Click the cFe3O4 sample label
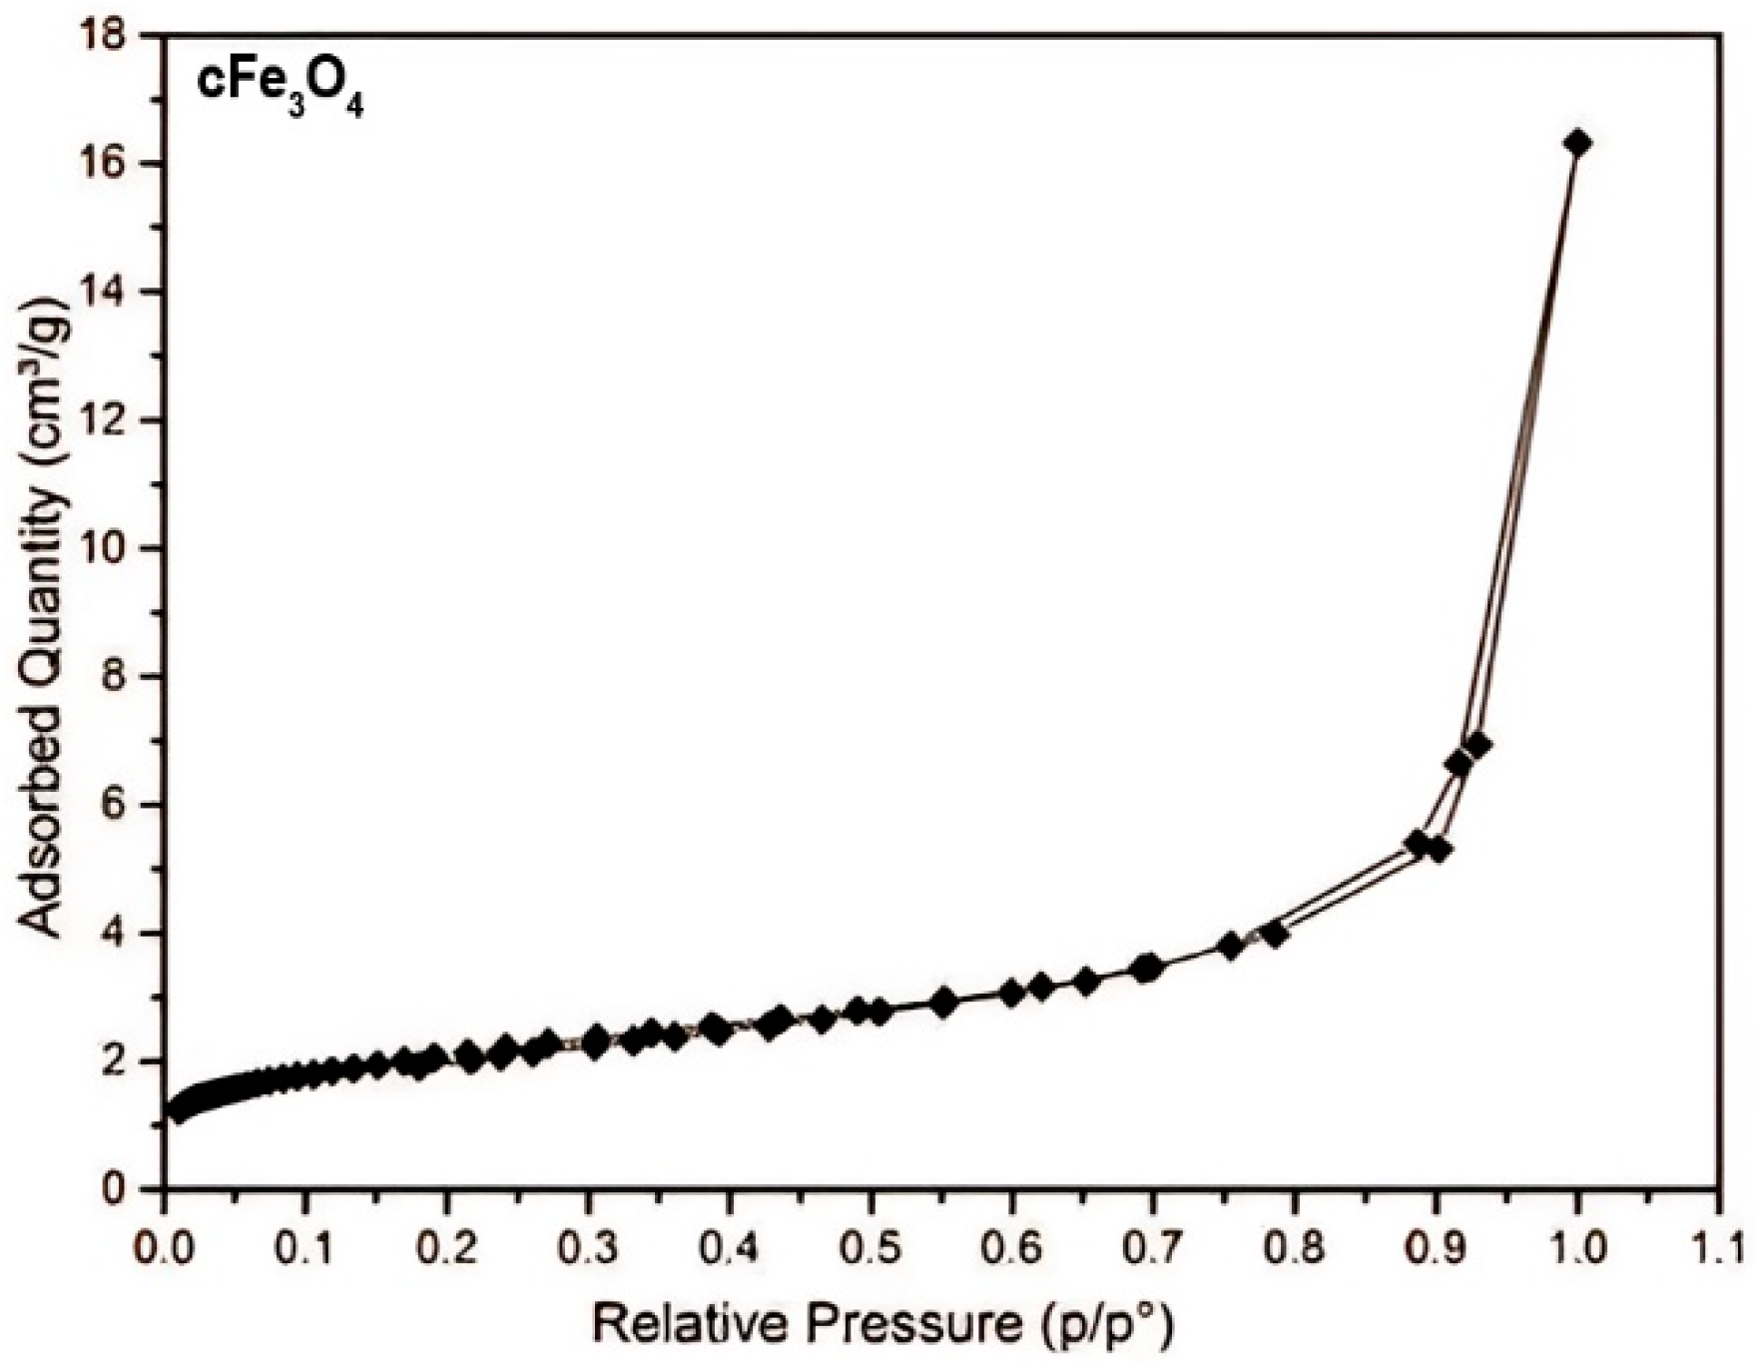[x=279, y=93]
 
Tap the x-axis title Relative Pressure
[x=881, y=1325]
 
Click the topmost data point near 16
[x=1577, y=144]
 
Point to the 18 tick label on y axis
[x=106, y=36]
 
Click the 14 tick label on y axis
[x=106, y=292]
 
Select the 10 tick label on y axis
[x=106, y=548]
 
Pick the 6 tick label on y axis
[x=116, y=805]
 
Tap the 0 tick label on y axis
[x=116, y=1189]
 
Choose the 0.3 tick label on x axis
[x=589, y=1248]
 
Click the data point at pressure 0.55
[x=943, y=1003]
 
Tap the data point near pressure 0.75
[x=1231, y=946]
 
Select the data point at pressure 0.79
[x=1274, y=935]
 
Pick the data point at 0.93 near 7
[x=1478, y=745]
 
